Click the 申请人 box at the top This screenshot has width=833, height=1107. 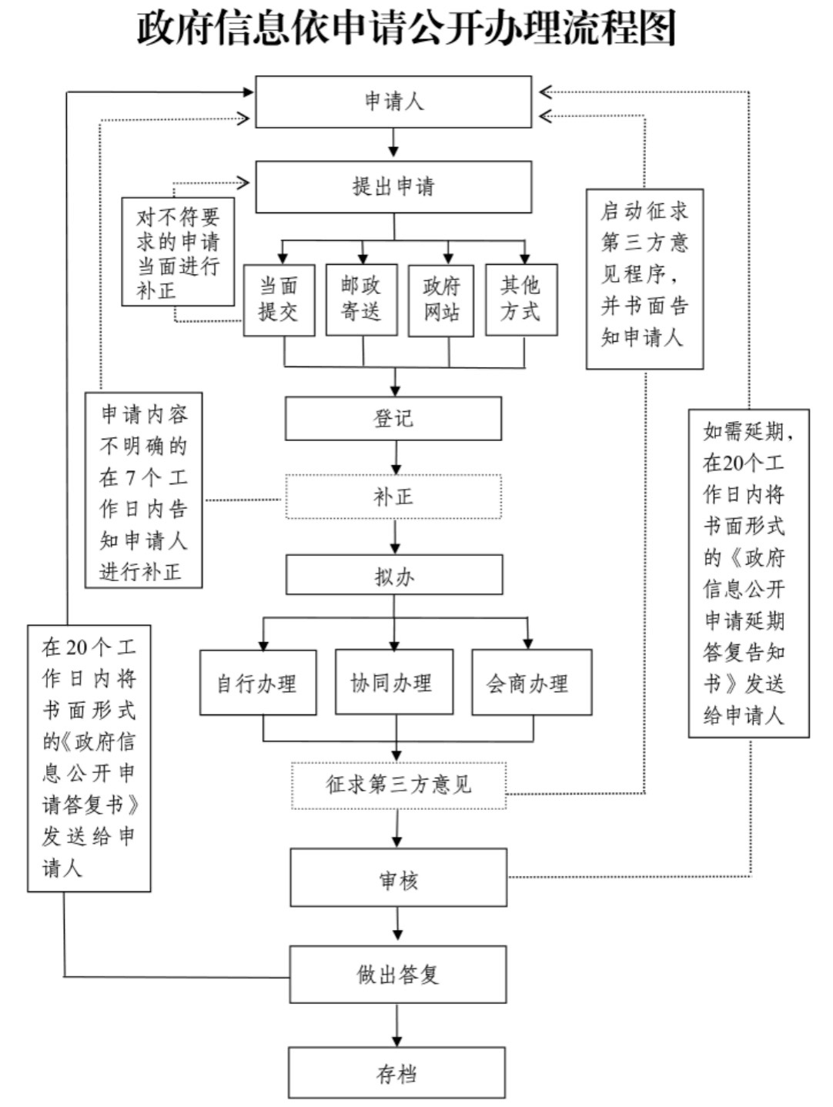pos(393,102)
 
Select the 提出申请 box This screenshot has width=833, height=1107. pos(393,186)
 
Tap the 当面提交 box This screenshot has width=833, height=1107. pos(279,300)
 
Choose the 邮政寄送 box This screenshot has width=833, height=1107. pos(362,299)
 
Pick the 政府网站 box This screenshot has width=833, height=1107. pos(440,300)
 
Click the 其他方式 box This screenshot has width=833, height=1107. pos(521,299)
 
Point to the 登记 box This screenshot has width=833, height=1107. pos(393,419)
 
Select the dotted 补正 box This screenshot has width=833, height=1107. pos(393,497)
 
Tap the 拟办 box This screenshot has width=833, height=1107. pos(394,575)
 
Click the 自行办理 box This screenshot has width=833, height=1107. pos(258,682)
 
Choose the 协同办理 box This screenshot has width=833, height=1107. pos(394,682)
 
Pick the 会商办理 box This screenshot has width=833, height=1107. pos(532,682)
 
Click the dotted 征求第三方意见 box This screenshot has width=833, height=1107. pos(399,785)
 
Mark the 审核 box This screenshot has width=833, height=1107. pos(399,878)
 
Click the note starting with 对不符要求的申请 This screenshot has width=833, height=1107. pos(178,252)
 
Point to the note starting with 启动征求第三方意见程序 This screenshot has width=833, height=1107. pos(645,279)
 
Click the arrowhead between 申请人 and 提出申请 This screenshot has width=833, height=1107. pos(394,151)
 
